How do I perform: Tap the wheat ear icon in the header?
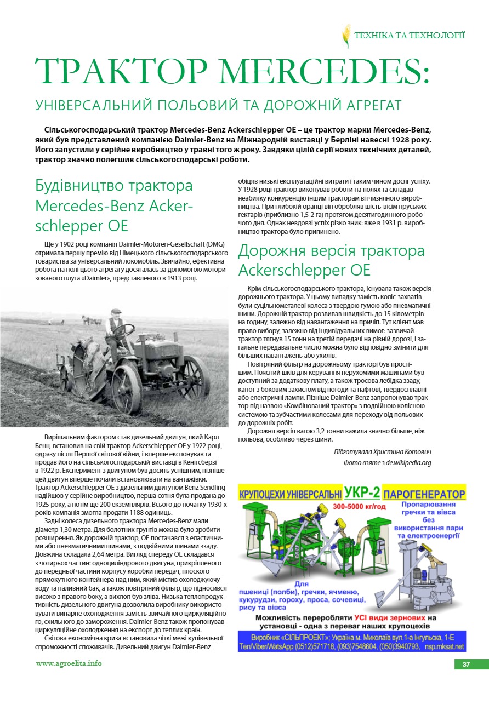[346, 36]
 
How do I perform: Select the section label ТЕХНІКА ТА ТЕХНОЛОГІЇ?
[410, 36]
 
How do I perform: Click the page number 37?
[466, 665]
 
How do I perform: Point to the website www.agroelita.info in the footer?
[69, 663]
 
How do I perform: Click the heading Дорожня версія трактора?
[331, 251]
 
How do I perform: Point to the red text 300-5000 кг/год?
[359, 507]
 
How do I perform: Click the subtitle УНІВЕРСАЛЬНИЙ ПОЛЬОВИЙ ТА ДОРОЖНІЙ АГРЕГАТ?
[218, 105]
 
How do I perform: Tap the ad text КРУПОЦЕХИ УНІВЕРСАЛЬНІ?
[291, 494]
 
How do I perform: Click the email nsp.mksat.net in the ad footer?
[445, 646]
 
